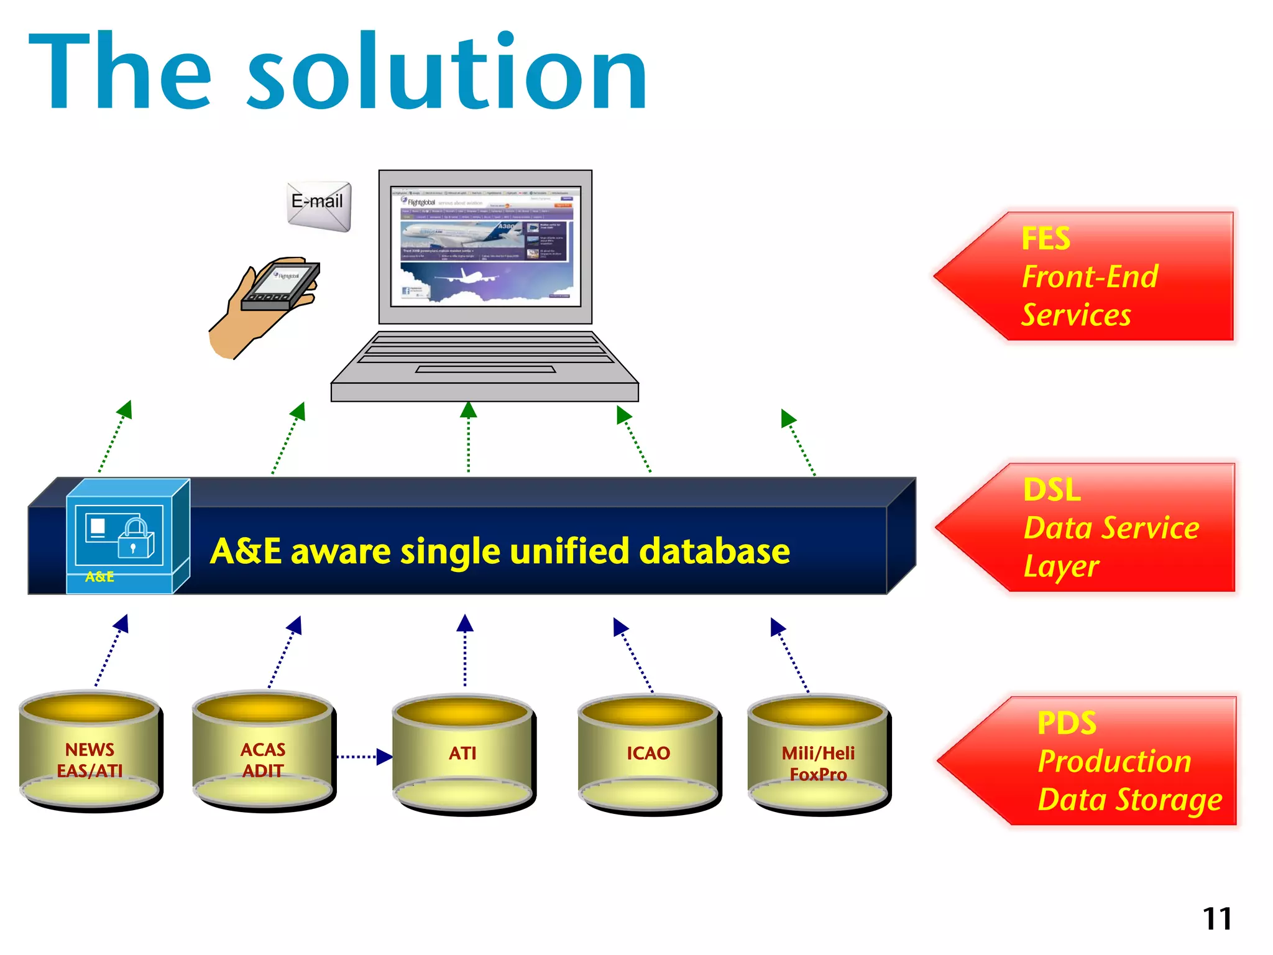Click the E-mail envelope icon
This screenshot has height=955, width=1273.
click(319, 206)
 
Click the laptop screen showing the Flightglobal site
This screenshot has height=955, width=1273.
click(485, 246)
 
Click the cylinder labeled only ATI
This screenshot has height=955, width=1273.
click(463, 754)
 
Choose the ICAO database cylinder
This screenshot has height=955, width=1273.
click(648, 754)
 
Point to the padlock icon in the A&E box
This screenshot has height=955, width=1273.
click(136, 538)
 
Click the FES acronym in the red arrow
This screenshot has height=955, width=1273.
click(1046, 239)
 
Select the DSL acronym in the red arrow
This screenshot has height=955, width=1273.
click(1052, 490)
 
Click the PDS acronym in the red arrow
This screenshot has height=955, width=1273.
click(1067, 723)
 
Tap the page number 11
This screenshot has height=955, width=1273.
click(1217, 919)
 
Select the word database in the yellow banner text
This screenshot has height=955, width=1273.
click(715, 551)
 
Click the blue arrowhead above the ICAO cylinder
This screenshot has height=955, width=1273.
click(619, 626)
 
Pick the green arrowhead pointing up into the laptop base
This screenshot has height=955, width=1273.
click(469, 410)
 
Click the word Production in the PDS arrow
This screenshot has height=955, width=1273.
click(1114, 762)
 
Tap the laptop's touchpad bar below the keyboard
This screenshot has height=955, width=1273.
click(485, 369)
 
